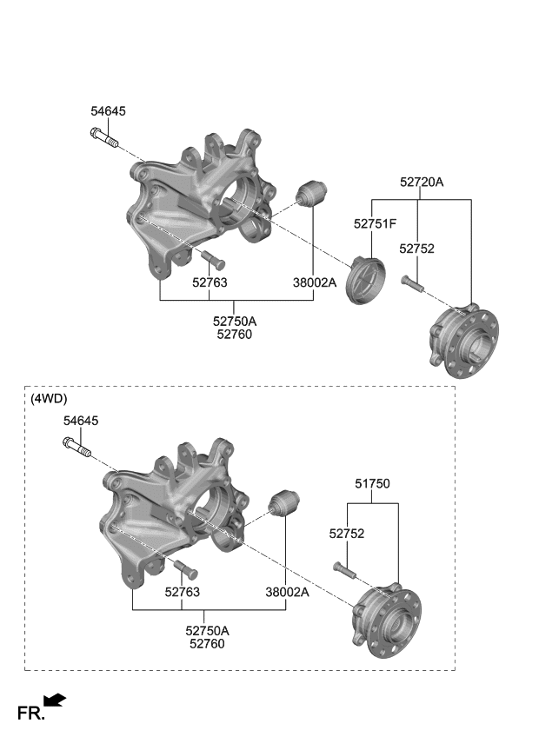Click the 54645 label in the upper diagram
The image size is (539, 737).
point(108,111)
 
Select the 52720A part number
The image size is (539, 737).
point(422,183)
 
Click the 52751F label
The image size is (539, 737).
point(375,224)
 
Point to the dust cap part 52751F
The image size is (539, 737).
point(365,280)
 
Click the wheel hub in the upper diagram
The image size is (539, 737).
point(466,340)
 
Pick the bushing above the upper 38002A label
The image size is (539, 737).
point(311,194)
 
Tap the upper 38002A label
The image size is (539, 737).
point(314,282)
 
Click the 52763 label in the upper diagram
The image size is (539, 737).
point(210,282)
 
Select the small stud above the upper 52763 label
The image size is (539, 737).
point(212,258)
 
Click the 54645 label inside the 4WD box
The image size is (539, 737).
point(81,421)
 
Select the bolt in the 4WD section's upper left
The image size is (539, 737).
point(77,448)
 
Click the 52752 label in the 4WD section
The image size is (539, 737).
point(346,534)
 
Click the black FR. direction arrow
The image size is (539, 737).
point(54,700)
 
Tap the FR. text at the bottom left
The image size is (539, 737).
point(30,714)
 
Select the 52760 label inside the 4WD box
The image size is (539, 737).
point(207,644)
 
